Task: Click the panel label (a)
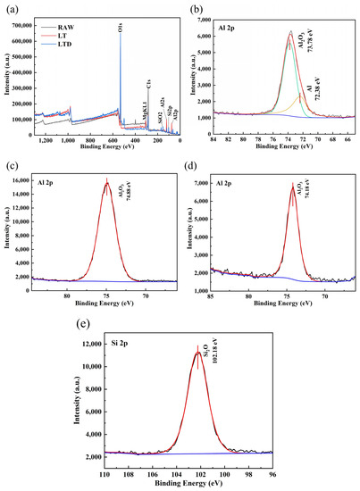[11, 7]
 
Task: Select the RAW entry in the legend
[67, 27]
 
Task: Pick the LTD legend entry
[67, 45]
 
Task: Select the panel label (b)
[194, 7]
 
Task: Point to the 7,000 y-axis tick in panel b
[208, 18]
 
